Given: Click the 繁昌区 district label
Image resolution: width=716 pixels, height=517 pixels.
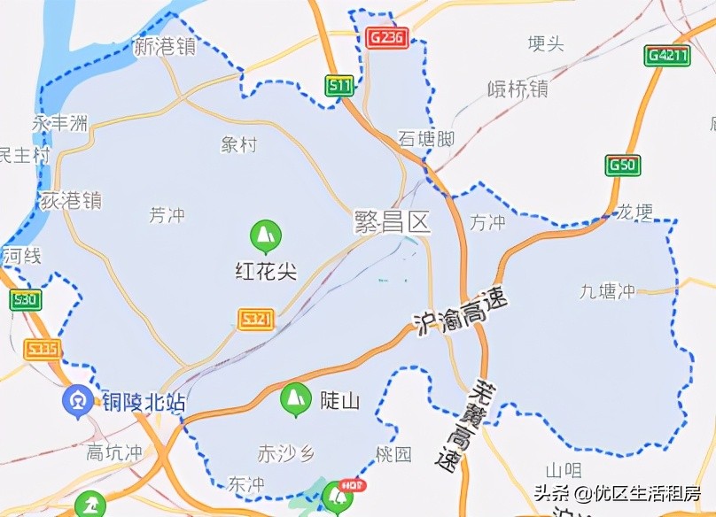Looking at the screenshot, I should [392, 221].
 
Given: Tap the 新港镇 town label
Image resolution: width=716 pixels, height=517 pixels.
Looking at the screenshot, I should [164, 47].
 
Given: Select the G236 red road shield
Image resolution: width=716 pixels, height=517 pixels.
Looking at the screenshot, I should [387, 37].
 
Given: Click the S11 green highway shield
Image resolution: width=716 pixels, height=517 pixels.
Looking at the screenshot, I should [339, 86].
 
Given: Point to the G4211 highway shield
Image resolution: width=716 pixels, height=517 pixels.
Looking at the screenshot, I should [667, 55].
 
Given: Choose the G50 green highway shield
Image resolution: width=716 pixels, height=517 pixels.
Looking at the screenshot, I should [624, 165].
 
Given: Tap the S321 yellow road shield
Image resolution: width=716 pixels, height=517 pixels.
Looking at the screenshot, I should [256, 320].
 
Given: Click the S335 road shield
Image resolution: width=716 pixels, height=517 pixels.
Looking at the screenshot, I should [42, 349].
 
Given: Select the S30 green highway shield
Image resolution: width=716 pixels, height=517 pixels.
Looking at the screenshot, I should [25, 300].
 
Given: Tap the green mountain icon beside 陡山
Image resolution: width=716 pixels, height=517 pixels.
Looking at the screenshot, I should [294, 399].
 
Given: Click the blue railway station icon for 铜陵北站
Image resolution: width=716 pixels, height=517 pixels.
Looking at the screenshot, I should [75, 401].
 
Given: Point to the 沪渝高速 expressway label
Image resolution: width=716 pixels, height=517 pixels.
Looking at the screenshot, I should [461, 313].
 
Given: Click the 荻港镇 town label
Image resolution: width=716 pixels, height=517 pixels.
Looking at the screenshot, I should [71, 201].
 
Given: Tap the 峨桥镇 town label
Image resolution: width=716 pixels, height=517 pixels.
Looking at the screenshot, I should [518, 89].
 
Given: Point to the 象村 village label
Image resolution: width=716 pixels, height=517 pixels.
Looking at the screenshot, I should [238, 144].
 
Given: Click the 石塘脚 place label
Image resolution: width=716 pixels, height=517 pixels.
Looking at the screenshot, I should [425, 139].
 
